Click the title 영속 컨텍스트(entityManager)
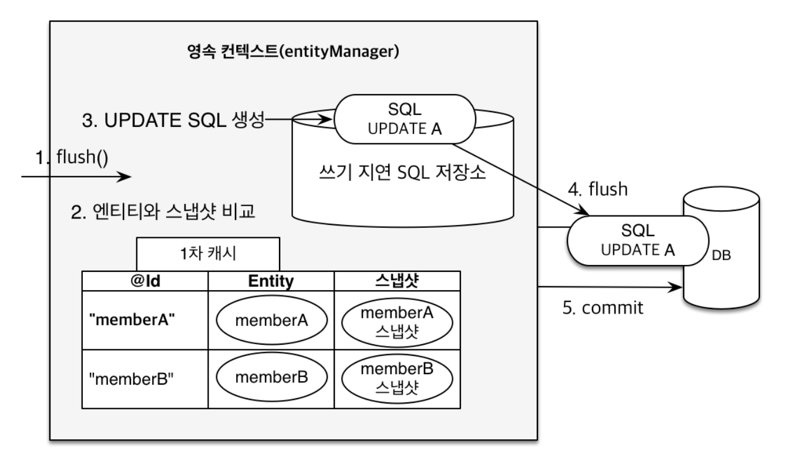tap(292, 53)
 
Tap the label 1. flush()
tap(71, 157)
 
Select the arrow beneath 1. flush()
tap(76, 176)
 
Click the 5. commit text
tap(603, 308)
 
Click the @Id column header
tap(145, 281)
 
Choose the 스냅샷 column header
tap(398, 281)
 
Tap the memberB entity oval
tap(271, 378)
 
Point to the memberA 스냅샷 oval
tap(397, 321)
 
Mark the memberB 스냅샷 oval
tap(397, 378)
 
